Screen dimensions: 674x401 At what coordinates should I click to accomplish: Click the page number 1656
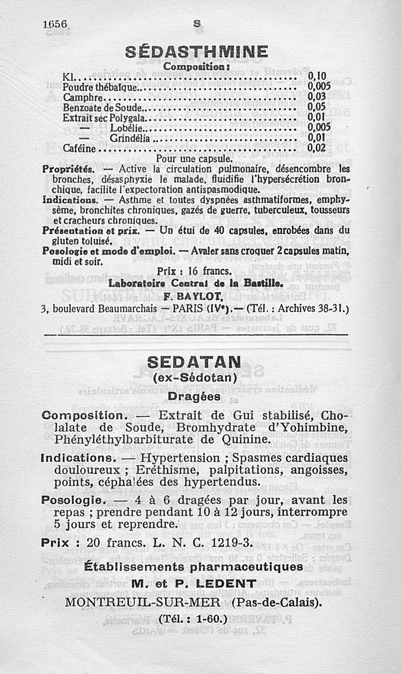[55, 25]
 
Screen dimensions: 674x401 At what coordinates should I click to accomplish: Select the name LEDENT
[226, 584]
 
